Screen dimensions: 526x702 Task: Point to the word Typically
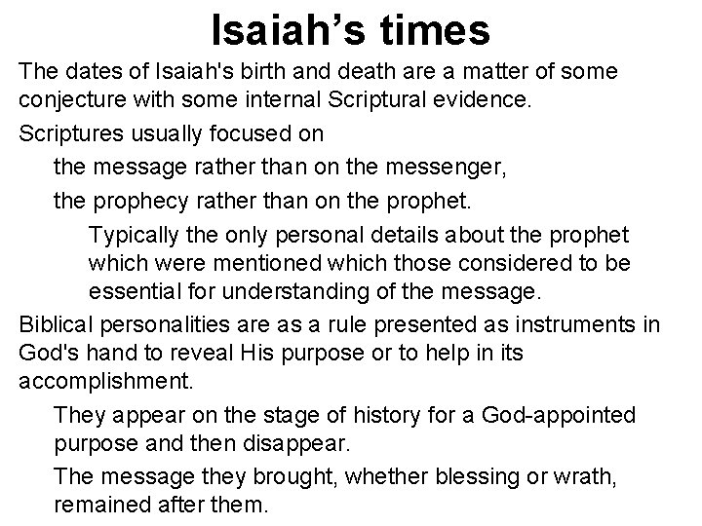coord(131,236)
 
